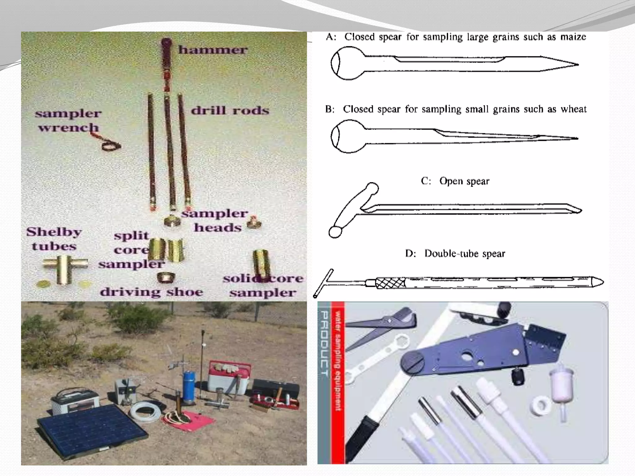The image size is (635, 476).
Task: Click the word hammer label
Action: click(x=213, y=50)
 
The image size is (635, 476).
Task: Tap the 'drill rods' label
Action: click(x=230, y=111)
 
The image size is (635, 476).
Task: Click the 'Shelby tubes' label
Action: click(x=54, y=239)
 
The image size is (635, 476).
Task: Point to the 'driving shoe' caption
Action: click(x=151, y=292)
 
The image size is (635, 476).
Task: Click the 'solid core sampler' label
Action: click(x=263, y=285)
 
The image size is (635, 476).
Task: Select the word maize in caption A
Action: click(x=573, y=37)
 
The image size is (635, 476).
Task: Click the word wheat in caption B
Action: click(x=574, y=109)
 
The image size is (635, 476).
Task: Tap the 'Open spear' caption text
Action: click(x=464, y=181)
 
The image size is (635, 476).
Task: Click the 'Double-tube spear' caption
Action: click(x=464, y=254)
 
